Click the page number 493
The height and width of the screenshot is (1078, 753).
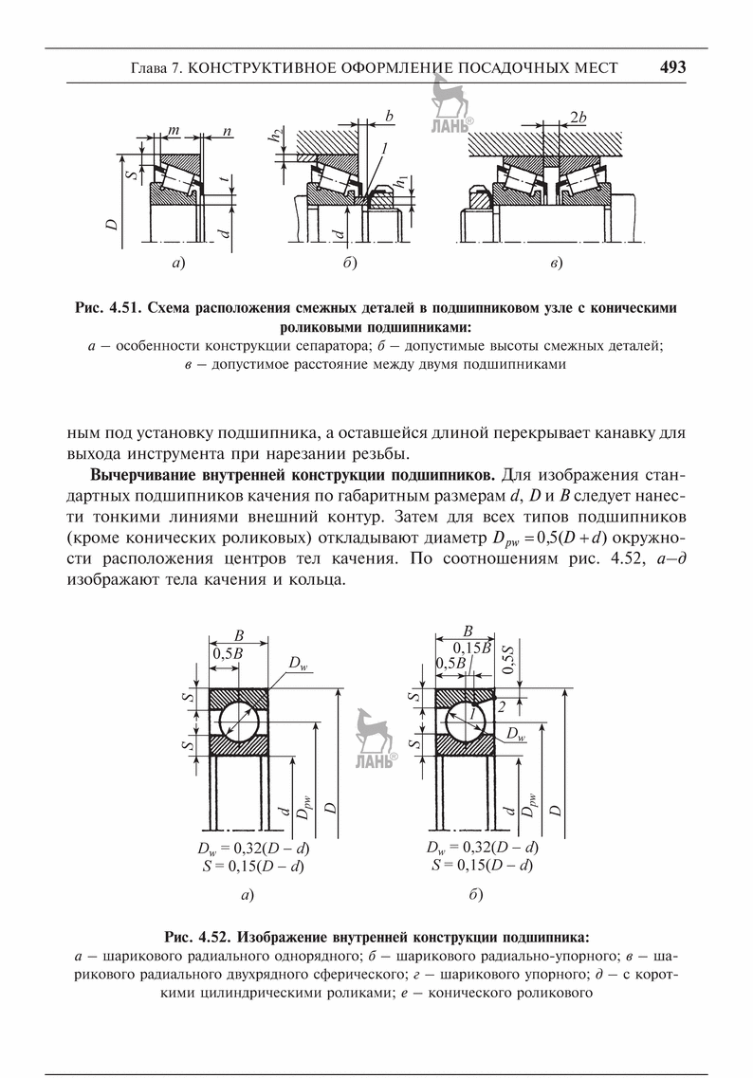click(672, 67)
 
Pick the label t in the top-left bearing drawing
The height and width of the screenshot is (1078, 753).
click(220, 179)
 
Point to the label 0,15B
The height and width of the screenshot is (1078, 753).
click(471, 648)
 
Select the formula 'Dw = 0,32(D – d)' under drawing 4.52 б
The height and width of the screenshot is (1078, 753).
click(483, 848)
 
